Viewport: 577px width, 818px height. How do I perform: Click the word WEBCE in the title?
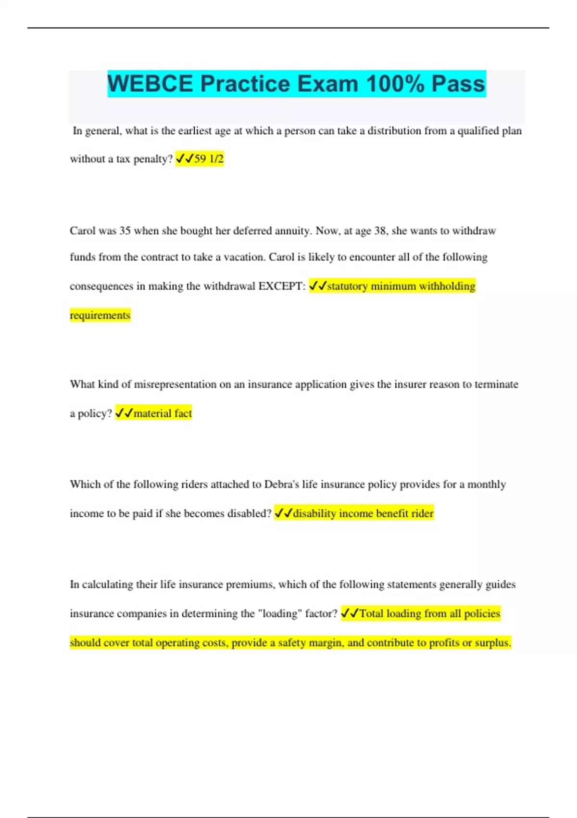150,84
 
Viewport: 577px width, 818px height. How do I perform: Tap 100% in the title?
396,84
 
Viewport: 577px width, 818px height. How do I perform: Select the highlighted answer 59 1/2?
209,159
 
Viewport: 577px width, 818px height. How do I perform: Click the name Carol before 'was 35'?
83,230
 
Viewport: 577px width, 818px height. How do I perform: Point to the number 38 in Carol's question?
380,230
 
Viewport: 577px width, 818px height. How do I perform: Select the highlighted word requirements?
100,315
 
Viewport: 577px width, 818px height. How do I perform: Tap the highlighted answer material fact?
163,413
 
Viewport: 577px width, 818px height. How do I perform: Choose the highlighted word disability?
314,513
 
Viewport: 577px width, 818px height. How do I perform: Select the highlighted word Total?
371,613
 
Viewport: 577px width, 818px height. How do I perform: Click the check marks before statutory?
317,286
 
